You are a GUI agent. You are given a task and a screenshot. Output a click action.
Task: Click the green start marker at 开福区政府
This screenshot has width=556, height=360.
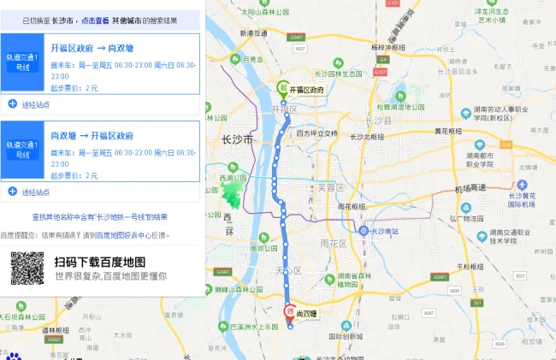pyautogui.click(x=282, y=86)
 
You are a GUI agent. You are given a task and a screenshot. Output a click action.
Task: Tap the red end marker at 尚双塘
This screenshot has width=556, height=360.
pyautogui.click(x=289, y=311)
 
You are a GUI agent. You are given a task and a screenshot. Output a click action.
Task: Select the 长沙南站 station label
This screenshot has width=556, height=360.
pyautogui.click(x=385, y=231)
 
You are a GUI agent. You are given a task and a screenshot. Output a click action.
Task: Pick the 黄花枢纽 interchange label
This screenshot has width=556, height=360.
pyautogui.click(x=448, y=131)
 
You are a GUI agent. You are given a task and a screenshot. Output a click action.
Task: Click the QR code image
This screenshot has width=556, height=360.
pyautogui.click(x=27, y=269)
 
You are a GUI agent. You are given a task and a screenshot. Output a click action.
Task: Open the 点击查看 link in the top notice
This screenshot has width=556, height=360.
pyautogui.click(x=95, y=19)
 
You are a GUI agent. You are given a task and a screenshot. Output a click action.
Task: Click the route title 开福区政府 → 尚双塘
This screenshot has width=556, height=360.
pyautogui.click(x=92, y=48)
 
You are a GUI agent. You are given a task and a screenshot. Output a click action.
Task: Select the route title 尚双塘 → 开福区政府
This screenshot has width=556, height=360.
pyautogui.click(x=92, y=135)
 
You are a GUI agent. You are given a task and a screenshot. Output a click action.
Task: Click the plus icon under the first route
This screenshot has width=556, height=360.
pyautogui.click(x=12, y=104)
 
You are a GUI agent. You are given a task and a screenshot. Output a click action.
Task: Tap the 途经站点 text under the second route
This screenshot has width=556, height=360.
pyautogui.click(x=36, y=192)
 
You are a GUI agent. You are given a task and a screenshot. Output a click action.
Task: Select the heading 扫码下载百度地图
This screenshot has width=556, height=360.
pyautogui.click(x=99, y=261)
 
